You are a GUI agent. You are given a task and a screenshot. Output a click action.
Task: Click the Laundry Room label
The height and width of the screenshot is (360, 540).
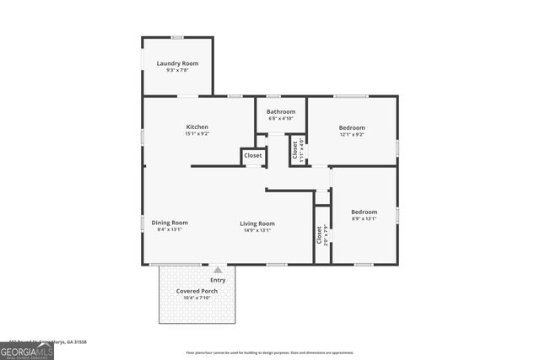(177, 63)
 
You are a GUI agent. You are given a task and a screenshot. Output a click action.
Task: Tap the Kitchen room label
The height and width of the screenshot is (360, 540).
(197, 126)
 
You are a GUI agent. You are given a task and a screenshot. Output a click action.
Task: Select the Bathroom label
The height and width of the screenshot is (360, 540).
(281, 111)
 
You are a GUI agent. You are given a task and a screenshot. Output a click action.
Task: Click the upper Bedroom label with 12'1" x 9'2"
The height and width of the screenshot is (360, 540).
(352, 127)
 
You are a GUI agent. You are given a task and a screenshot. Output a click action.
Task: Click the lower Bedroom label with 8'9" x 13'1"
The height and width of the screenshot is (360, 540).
(364, 212)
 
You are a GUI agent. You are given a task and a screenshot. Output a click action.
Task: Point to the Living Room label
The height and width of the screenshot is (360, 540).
(256, 223)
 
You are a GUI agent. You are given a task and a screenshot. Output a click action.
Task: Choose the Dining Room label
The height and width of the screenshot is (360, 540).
(169, 223)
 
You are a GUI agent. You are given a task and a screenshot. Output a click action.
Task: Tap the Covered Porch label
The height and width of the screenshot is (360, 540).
(197, 291)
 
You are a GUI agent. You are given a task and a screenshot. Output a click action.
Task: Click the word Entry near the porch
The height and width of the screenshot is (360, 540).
(218, 280)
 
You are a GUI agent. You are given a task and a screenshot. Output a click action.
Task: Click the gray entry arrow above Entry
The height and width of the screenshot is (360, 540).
(218, 270)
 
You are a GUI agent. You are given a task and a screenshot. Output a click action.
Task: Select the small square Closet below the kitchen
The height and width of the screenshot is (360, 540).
(252, 156)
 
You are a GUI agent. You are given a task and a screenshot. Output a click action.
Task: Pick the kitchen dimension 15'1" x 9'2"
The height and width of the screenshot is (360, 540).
(197, 134)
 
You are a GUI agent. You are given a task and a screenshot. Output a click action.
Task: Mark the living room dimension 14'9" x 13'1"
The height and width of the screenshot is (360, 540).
(256, 229)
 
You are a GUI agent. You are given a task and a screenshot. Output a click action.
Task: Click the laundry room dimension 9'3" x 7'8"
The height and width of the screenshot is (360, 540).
(177, 71)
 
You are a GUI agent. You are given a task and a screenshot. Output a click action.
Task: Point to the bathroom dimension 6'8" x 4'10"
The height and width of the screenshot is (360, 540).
(281, 118)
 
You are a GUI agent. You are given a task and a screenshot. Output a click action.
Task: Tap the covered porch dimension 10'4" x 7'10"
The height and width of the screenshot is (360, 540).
(197, 298)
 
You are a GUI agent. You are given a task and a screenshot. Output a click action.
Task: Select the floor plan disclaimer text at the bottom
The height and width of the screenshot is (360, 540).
(270, 352)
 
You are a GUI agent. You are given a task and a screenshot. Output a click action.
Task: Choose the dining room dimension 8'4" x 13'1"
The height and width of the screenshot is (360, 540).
(169, 229)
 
